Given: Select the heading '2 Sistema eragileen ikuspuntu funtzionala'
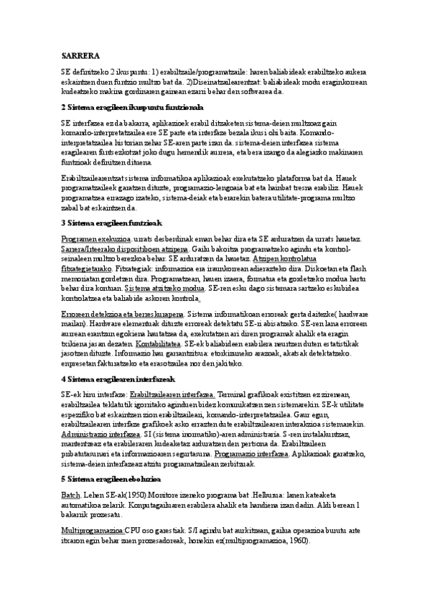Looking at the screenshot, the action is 133,106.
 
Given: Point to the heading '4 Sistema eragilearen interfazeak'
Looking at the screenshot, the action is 118,378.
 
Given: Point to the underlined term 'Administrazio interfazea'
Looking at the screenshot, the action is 101,434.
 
